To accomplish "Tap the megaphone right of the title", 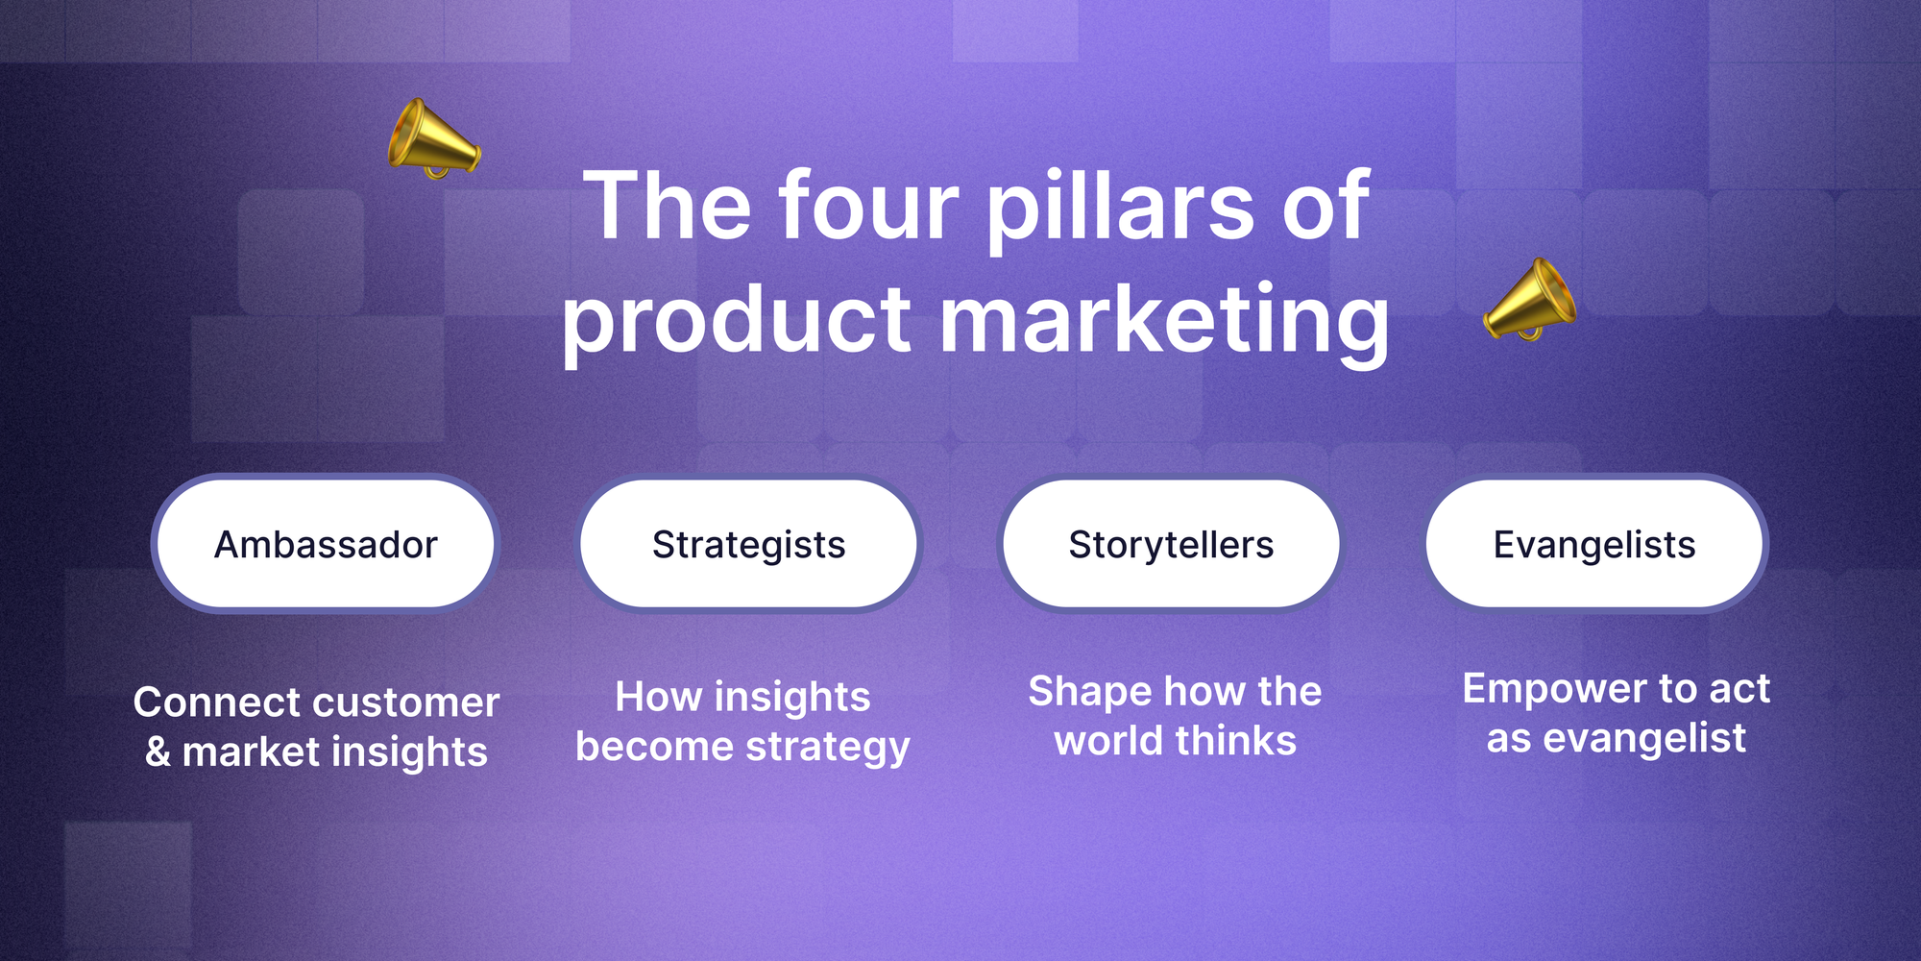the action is (1529, 300).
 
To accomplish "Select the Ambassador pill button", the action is (326, 544).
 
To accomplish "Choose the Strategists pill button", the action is (748, 544).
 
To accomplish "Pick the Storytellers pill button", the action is (1171, 544).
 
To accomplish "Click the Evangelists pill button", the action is (1594, 544).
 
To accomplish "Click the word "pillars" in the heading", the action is (1120, 212).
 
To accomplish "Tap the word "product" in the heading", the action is (736, 324).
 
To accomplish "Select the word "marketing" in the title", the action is (1164, 324).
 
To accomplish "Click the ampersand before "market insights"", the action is (158, 752).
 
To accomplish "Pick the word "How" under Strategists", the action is (658, 697).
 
